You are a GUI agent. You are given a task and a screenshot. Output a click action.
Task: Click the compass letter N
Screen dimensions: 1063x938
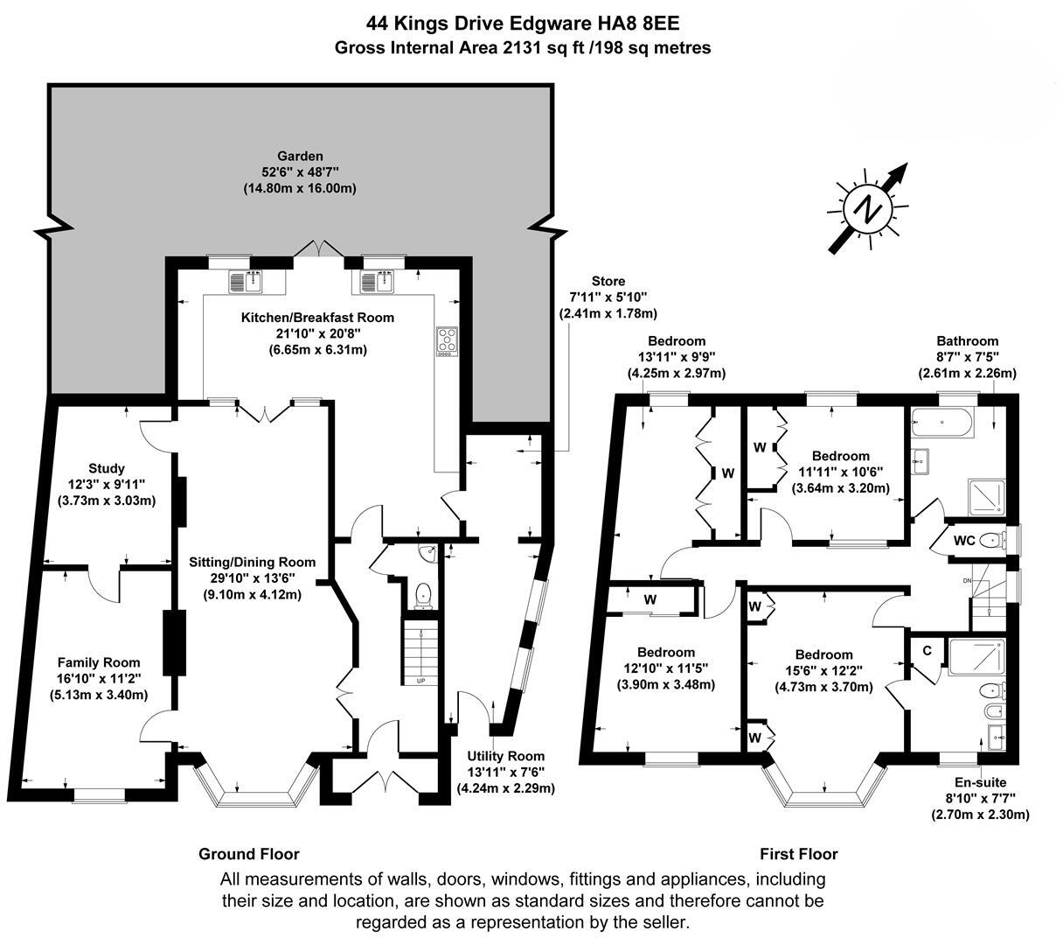(867, 211)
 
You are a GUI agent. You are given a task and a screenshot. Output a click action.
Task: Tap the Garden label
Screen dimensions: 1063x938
(300, 156)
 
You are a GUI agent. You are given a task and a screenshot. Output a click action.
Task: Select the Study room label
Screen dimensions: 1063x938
(107, 468)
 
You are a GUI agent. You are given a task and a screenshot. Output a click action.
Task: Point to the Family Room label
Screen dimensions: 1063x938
(99, 662)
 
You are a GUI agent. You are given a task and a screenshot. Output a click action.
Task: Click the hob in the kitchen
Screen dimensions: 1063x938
(447, 342)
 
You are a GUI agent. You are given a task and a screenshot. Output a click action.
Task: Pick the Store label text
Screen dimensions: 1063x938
(608, 281)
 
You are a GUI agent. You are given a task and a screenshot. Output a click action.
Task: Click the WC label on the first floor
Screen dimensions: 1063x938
(964, 541)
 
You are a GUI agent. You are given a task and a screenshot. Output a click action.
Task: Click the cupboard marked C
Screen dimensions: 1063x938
(927, 651)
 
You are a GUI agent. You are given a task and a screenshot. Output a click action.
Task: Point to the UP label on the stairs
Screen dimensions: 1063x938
(420, 681)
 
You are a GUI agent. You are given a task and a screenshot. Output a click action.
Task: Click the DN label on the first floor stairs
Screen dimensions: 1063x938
(967, 580)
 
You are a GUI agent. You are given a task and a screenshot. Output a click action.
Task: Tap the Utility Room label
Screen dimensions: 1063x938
(506, 756)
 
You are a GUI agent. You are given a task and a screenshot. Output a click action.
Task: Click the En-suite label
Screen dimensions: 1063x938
(980, 782)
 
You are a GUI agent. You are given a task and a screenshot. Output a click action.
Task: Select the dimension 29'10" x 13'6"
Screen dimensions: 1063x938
(253, 578)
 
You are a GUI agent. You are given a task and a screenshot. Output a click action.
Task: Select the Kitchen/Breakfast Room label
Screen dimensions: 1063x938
(317, 318)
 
